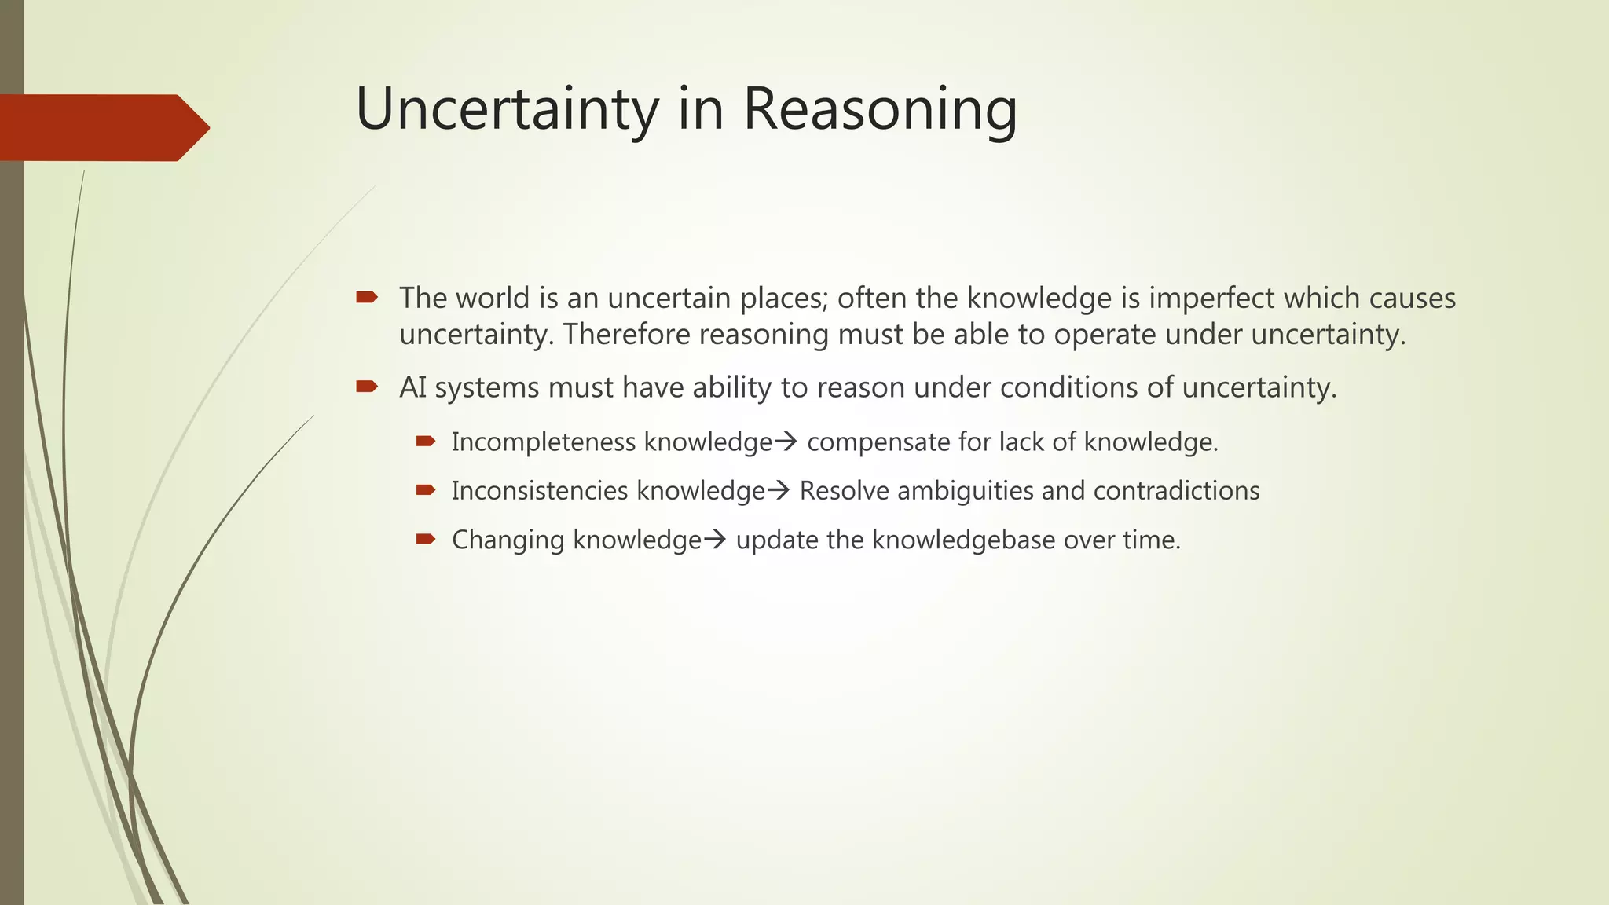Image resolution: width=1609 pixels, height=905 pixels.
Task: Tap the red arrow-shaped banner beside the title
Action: (x=102, y=127)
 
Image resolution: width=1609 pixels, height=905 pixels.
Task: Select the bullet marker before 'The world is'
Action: (x=366, y=297)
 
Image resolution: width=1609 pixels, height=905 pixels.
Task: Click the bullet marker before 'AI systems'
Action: (x=366, y=386)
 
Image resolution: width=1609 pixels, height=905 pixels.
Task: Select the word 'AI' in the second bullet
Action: (x=412, y=387)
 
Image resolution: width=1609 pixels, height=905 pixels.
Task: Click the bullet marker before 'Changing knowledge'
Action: (x=425, y=539)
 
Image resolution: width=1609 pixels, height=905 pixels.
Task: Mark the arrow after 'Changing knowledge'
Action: (x=715, y=540)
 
